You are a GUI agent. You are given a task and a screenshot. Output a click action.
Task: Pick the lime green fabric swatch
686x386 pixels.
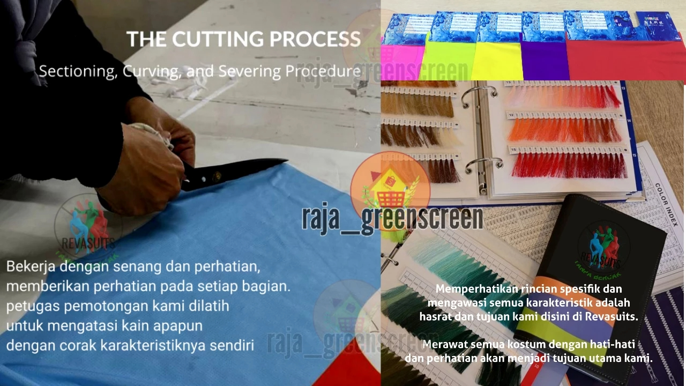click(x=447, y=61)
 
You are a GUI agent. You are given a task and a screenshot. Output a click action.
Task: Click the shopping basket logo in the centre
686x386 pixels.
click(x=390, y=185)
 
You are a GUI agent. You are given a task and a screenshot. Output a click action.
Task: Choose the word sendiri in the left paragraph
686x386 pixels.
click(x=234, y=345)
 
